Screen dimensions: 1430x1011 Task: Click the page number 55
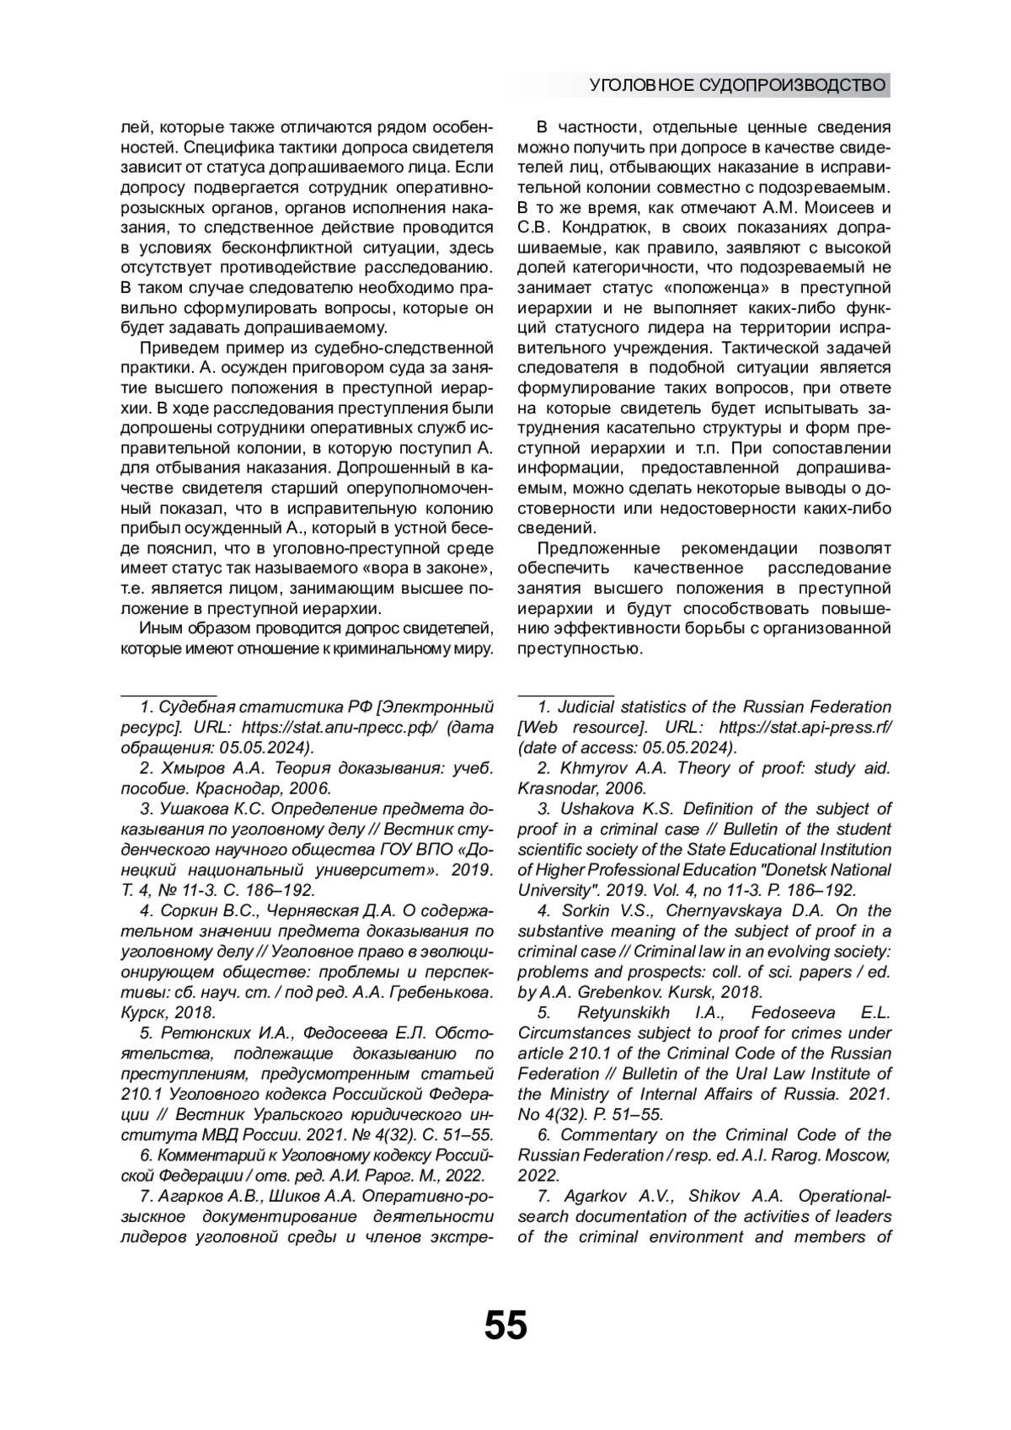pos(505,1325)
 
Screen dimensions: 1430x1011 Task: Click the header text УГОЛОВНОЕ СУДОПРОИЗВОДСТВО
pos(737,85)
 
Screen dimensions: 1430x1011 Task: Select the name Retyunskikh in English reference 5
pos(622,1013)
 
